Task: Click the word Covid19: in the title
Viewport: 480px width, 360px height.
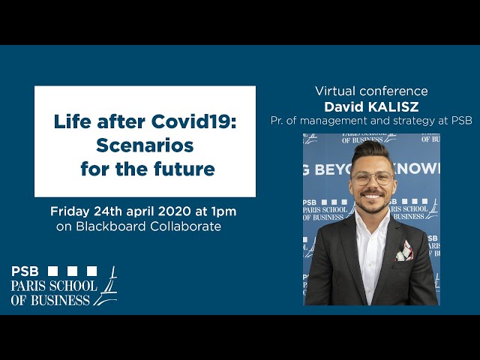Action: pyautogui.click(x=193, y=121)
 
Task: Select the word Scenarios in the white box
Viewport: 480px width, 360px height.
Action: pyautogui.click(x=145, y=145)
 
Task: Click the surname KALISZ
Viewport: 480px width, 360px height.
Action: pyautogui.click(x=393, y=106)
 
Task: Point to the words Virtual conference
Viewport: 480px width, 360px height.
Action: pyautogui.click(x=371, y=91)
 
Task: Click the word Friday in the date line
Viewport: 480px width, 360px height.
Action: pyautogui.click(x=70, y=211)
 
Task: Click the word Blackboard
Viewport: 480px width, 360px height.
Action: pyautogui.click(x=110, y=226)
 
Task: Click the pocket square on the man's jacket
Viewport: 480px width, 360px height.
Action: pyautogui.click(x=405, y=251)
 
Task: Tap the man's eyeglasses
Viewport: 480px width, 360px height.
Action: pyautogui.click(x=372, y=178)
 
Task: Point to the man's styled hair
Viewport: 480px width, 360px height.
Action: pyautogui.click(x=372, y=152)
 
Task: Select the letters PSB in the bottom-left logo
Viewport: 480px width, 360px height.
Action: pyautogui.click(x=25, y=271)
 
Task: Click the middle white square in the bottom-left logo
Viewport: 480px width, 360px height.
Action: pyautogui.click(x=72, y=271)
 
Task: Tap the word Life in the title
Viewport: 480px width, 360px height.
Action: pyautogui.click(x=72, y=121)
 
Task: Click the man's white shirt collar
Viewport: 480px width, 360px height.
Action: pyautogui.click(x=372, y=219)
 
